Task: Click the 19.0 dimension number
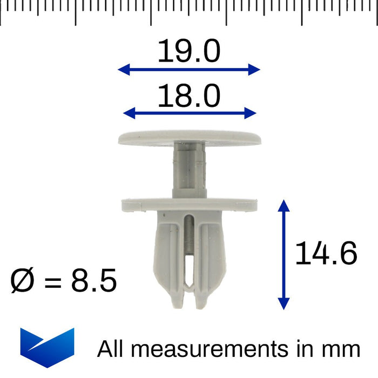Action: (189, 52)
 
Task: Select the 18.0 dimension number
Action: (189, 97)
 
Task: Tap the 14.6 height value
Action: (326, 254)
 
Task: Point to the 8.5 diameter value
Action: (93, 281)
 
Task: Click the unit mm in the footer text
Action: (343, 349)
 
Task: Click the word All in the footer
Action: (111, 349)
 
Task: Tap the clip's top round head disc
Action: (189, 138)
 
